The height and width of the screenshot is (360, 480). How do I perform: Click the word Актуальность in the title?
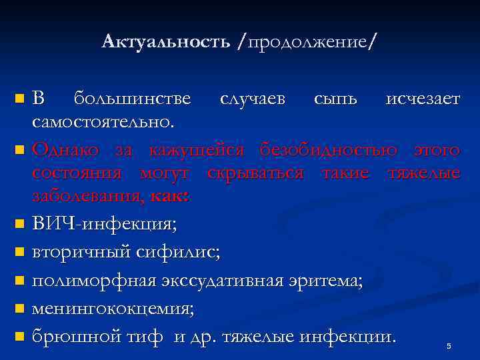click(x=167, y=42)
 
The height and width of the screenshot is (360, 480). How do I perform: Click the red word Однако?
click(x=67, y=150)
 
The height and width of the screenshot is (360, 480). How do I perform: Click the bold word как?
click(x=171, y=197)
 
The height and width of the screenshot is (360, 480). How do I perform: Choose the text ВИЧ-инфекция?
click(x=105, y=225)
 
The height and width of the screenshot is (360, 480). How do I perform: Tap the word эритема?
click(x=324, y=281)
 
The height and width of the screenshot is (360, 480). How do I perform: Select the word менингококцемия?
click(x=113, y=309)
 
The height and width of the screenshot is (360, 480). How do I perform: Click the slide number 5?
click(x=449, y=346)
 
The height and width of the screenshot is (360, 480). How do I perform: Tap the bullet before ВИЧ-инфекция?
click(x=19, y=225)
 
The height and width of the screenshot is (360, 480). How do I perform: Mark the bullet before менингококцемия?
click(x=19, y=309)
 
